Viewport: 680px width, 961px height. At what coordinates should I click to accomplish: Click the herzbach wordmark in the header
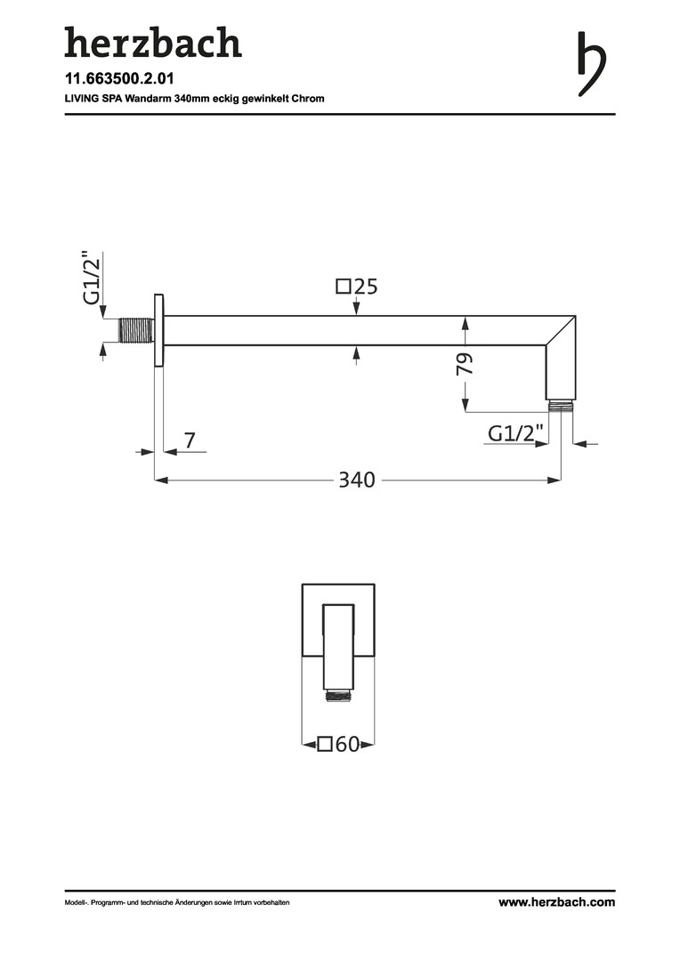click(153, 43)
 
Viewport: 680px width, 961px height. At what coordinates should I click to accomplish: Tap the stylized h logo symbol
click(591, 64)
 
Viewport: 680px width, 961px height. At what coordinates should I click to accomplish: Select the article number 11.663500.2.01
click(119, 78)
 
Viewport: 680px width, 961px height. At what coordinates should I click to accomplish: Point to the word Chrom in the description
click(308, 98)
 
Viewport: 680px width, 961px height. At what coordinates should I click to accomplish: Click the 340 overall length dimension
click(357, 480)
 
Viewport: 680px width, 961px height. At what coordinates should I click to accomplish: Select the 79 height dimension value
click(465, 364)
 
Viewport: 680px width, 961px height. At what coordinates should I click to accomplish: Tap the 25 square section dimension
click(366, 287)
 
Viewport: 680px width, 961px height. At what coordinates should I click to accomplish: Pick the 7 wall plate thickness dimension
click(190, 440)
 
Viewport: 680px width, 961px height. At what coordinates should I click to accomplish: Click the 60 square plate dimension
click(348, 744)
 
